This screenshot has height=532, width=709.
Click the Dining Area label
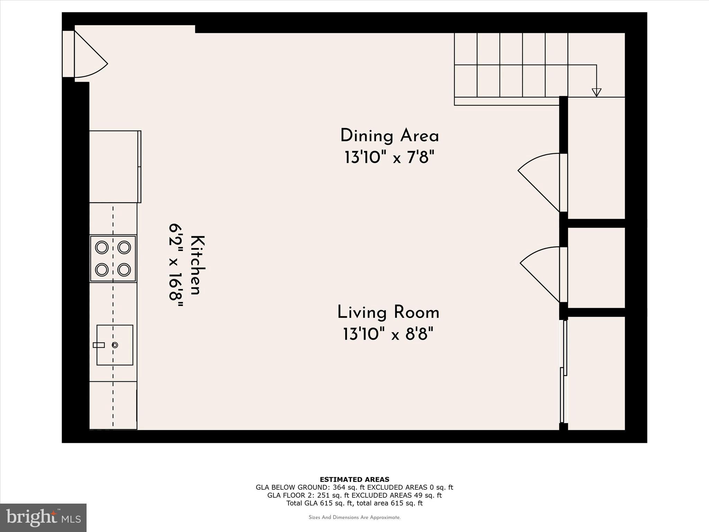[x=389, y=136]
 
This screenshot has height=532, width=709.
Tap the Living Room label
[x=388, y=312]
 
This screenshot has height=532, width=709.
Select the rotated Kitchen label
[x=198, y=265]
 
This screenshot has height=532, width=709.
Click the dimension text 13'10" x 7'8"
[x=389, y=158]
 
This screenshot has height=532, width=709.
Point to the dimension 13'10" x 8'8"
[x=388, y=335]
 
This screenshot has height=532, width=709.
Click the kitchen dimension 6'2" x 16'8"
[x=176, y=265]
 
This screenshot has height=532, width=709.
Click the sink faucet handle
[x=99, y=345]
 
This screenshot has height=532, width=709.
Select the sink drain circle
[x=115, y=345]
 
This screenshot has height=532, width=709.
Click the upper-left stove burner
[x=102, y=247]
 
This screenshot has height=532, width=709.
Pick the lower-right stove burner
[x=124, y=269]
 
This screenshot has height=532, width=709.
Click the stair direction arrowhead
[x=596, y=92]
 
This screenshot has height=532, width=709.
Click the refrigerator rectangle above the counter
[x=114, y=167]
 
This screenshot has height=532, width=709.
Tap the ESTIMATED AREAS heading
[x=354, y=479]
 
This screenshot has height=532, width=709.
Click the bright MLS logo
[x=43, y=517]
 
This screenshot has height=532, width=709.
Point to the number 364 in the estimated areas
[x=339, y=487]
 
